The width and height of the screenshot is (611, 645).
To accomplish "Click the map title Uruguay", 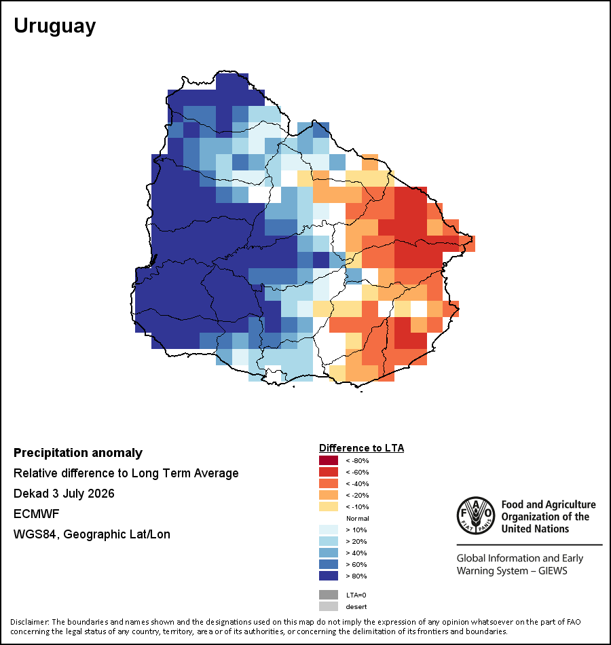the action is [x=55, y=26].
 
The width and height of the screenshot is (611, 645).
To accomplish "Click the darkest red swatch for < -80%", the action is [x=329, y=460].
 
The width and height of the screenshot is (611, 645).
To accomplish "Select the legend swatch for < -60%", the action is [x=329, y=472].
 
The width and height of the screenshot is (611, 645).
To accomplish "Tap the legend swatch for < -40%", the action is [x=329, y=483].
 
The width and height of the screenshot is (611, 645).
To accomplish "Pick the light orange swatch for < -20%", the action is [x=329, y=495].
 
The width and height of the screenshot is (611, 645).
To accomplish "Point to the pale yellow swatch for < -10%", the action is [x=329, y=506].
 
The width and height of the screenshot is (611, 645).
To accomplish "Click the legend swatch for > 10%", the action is [x=329, y=530].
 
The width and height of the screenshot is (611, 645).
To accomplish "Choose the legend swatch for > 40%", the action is [x=329, y=553].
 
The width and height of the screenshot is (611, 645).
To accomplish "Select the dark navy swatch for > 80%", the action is [x=329, y=576].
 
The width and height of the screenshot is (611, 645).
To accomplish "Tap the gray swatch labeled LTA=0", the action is [x=329, y=595].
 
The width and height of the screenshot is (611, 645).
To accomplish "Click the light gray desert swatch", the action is [x=329, y=606].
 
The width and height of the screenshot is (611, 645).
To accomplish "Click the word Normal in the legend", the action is [x=358, y=518].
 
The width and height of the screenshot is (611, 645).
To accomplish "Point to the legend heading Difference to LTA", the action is [x=361, y=448].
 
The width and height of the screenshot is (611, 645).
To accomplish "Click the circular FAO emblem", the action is [x=476, y=515].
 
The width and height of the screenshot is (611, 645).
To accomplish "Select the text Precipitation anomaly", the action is [x=78, y=453].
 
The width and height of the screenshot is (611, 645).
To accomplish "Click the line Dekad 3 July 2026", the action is [x=64, y=494].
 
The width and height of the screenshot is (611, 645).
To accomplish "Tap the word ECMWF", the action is [x=36, y=514].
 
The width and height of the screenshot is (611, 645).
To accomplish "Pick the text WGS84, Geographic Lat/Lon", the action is [x=92, y=534].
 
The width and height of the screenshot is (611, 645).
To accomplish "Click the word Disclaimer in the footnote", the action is [x=29, y=622].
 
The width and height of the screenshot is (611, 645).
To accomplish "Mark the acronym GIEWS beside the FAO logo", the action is [x=553, y=571].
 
